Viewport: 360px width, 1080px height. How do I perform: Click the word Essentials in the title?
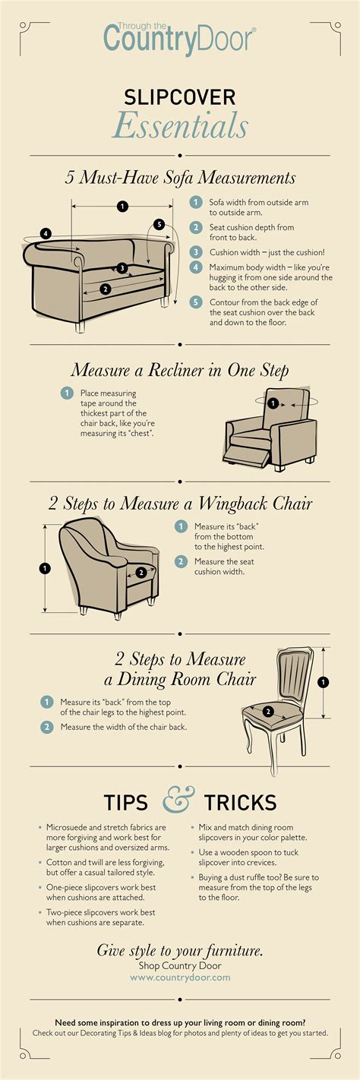click(x=180, y=126)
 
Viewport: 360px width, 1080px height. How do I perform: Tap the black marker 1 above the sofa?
click(x=122, y=207)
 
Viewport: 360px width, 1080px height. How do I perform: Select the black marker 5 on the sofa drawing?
click(x=159, y=224)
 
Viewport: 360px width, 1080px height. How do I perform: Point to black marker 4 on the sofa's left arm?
click(x=46, y=234)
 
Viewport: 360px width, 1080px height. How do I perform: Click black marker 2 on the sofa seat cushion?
click(x=105, y=289)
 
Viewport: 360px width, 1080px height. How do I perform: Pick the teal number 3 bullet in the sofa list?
click(x=196, y=252)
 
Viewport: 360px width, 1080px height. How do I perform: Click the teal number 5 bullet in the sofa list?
click(x=196, y=302)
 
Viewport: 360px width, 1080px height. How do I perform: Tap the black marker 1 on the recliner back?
click(x=273, y=403)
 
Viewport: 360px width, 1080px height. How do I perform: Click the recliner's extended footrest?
click(x=246, y=455)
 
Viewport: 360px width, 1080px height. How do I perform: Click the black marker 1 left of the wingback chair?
click(x=45, y=568)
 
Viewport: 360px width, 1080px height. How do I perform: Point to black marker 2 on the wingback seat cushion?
click(x=141, y=573)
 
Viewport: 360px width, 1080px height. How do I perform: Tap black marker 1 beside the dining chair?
click(x=324, y=682)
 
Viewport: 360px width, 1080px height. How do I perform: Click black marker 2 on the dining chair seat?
click(x=268, y=711)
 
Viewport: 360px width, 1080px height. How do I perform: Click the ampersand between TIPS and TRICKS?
click(x=178, y=800)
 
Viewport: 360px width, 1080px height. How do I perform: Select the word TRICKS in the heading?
click(x=240, y=803)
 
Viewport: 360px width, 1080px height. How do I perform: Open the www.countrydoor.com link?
click(x=180, y=977)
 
